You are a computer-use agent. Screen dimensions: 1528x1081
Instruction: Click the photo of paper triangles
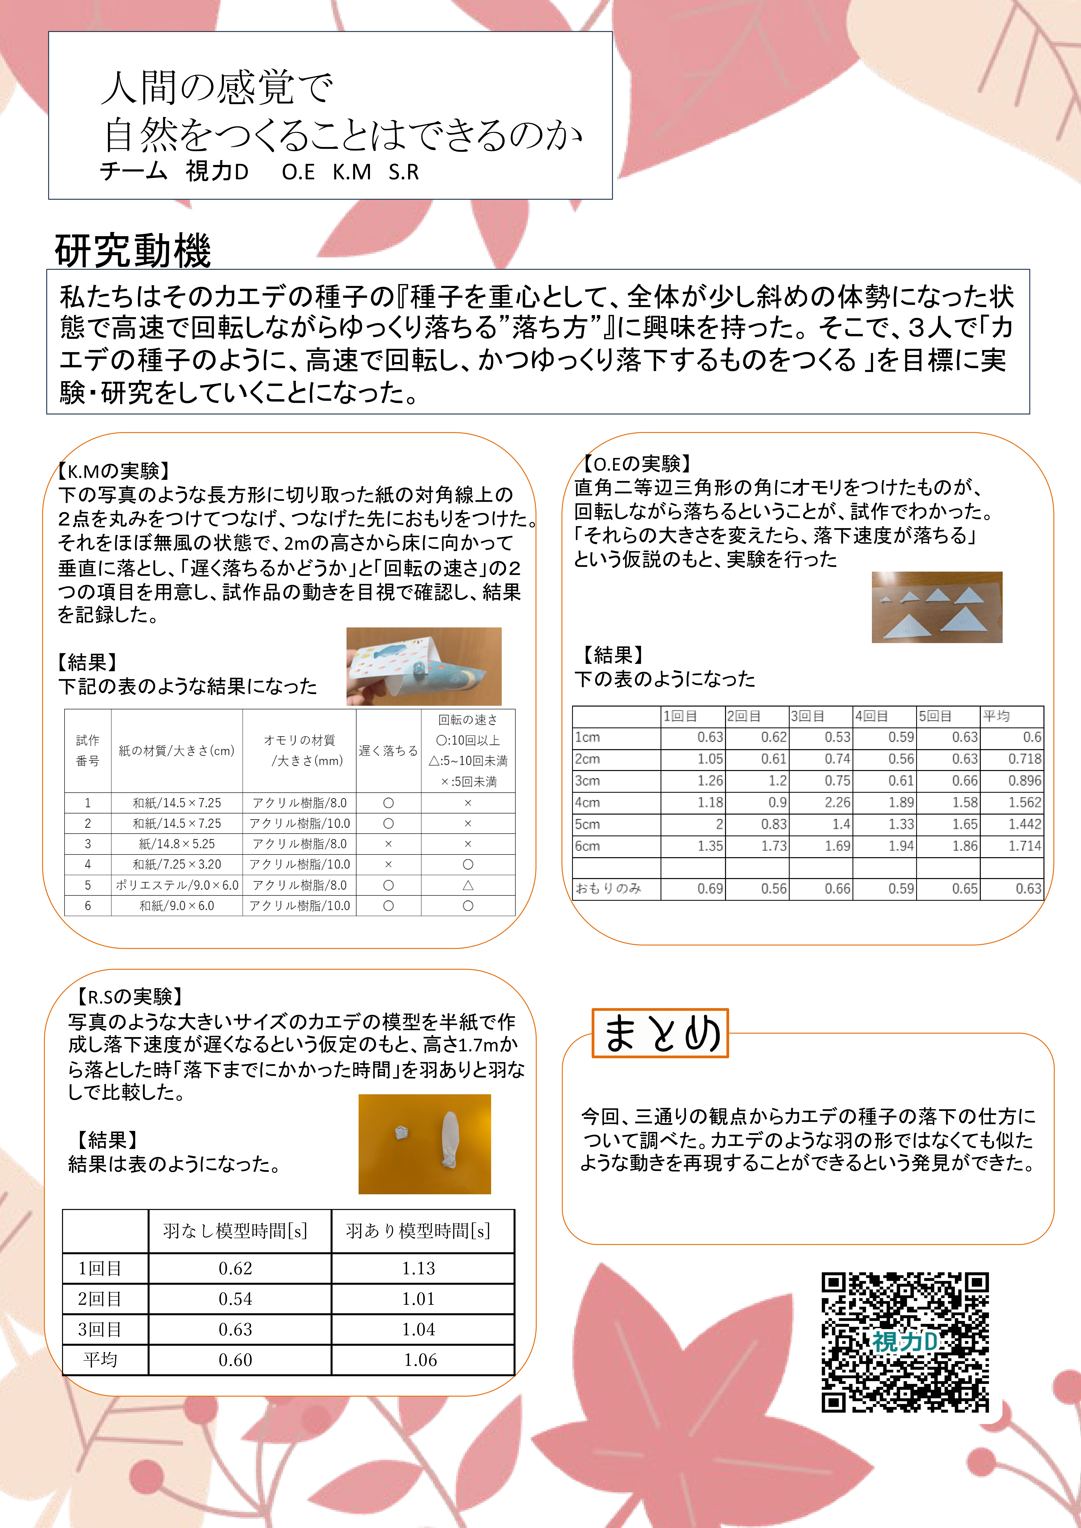pyautogui.click(x=937, y=607)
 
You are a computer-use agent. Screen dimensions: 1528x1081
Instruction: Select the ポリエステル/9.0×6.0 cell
pyautogui.click(x=177, y=885)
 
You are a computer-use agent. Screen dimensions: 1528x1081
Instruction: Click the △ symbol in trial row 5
pyautogui.click(x=468, y=885)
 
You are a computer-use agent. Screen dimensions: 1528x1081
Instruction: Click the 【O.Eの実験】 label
pyautogui.click(x=636, y=464)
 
